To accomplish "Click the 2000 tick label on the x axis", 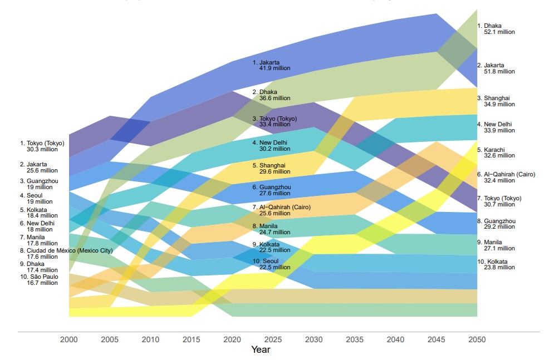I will pos(69,340).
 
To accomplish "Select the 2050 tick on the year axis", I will pos(477,340).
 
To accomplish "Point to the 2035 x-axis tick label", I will pos(355,340).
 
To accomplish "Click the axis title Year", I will pos(261,350).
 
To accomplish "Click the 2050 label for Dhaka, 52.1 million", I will pos(496,29).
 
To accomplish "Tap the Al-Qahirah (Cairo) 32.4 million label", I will pos(506,177).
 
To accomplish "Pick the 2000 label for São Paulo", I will pos(39,280).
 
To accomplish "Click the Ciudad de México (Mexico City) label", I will pos(66,254).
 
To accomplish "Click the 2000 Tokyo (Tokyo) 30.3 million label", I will pos(42,146).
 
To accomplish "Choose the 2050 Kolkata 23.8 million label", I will pos(496,264).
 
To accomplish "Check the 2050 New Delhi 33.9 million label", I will pos(496,127).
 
